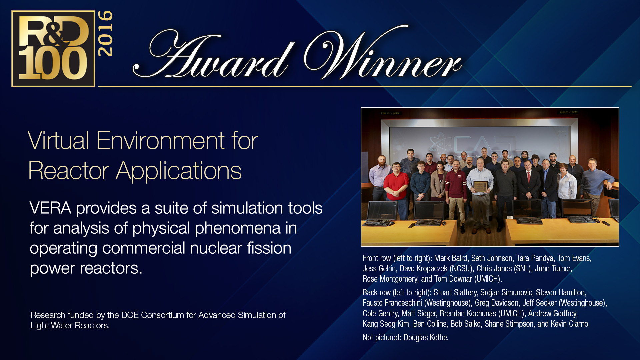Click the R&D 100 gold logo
point(53,49)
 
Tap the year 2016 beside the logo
point(105,34)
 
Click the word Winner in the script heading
point(383,53)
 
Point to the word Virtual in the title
point(58,141)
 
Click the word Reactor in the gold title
point(69,171)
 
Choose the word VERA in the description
point(50,208)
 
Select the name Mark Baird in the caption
point(451,258)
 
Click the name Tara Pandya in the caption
point(535,258)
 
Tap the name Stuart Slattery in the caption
point(455,293)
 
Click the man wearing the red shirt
point(396,187)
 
